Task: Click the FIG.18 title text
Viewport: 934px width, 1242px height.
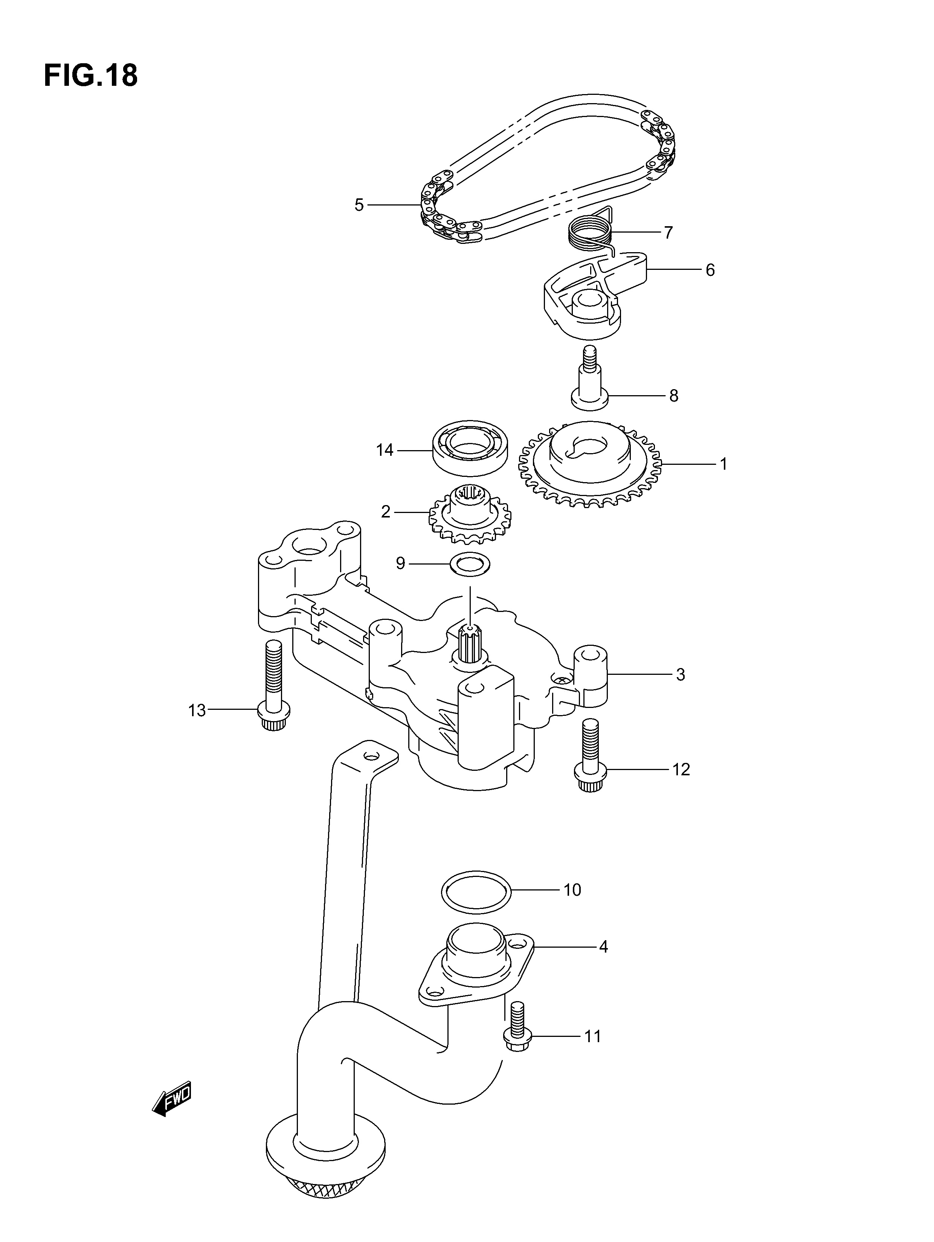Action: pyautogui.click(x=90, y=75)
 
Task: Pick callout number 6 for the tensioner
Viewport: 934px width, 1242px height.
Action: pyautogui.click(x=710, y=270)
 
